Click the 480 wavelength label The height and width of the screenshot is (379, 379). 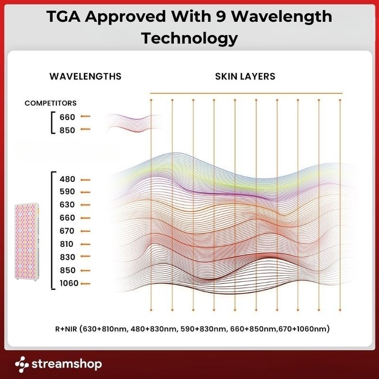(68, 180)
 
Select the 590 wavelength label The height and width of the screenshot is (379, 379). (68, 192)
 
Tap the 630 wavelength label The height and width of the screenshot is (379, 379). (68, 205)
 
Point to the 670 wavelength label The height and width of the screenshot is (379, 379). (68, 231)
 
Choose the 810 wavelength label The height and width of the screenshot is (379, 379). (68, 244)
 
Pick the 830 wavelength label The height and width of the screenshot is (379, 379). (68, 257)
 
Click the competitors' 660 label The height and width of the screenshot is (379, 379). (68, 117)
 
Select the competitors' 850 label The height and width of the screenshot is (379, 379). (68, 130)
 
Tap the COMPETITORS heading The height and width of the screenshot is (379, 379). (51, 103)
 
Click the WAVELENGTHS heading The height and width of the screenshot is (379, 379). (85, 76)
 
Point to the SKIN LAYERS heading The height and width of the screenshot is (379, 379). (245, 76)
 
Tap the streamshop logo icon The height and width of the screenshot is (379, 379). (22, 364)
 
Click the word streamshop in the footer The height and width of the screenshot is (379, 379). (67, 364)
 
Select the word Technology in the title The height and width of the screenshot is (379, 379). (189, 38)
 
